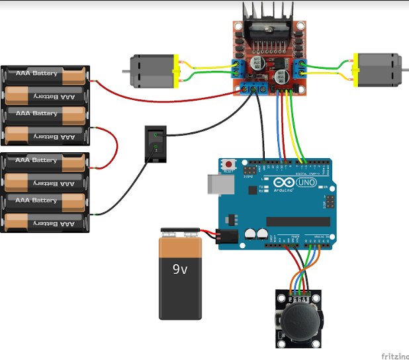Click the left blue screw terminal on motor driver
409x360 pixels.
[236, 67]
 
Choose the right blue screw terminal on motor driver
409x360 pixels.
[301, 67]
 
